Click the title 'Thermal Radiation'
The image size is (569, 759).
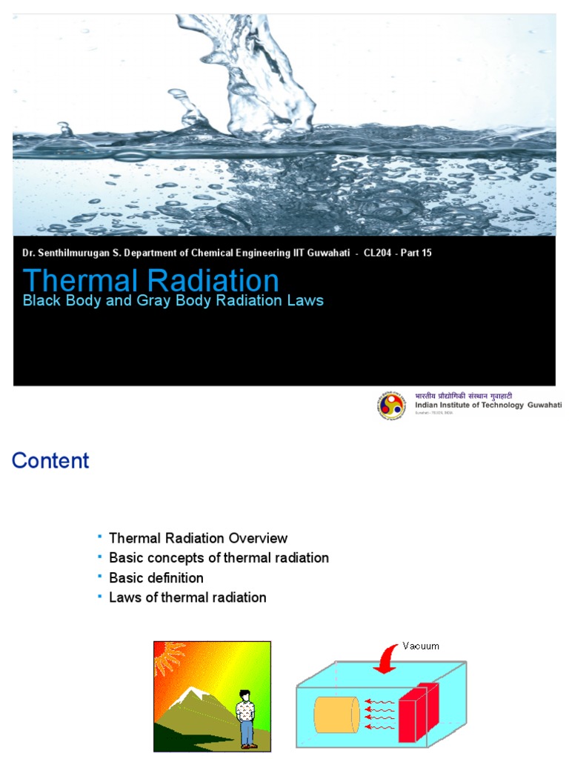pyautogui.click(x=151, y=281)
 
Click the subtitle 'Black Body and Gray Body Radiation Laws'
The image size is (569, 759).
pyautogui.click(x=173, y=301)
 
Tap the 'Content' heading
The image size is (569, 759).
pyautogui.click(x=50, y=460)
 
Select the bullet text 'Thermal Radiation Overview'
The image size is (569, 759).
pyautogui.click(x=198, y=538)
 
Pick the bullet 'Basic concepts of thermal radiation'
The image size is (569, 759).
pyautogui.click(x=219, y=557)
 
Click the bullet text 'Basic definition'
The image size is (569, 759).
pyautogui.click(x=156, y=577)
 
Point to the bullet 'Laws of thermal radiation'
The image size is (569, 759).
pyautogui.click(x=187, y=597)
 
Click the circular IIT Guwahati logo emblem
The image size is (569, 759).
pyautogui.click(x=391, y=405)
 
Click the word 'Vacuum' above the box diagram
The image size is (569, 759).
pyautogui.click(x=421, y=646)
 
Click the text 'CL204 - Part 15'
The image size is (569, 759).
pyautogui.click(x=398, y=253)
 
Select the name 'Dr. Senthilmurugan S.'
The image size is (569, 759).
pyautogui.click(x=67, y=253)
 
